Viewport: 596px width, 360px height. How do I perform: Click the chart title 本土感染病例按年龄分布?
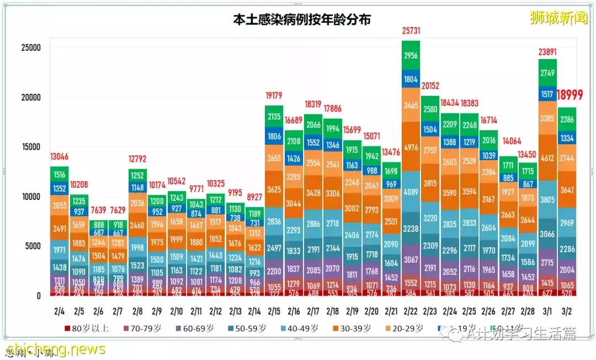click(x=301, y=20)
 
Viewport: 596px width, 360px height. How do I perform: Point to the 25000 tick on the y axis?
click(x=28, y=48)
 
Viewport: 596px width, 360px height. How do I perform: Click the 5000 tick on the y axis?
click(x=30, y=246)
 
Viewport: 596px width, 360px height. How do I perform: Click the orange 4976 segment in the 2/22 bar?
click(x=411, y=147)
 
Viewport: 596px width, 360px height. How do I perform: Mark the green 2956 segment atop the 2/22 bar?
click(x=411, y=56)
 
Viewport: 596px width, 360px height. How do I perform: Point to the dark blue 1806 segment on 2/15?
click(x=274, y=136)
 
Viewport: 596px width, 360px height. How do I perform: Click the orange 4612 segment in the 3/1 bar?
click(x=547, y=158)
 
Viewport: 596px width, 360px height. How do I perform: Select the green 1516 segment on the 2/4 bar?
click(x=59, y=175)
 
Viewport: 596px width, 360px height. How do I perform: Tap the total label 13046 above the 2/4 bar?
click(x=59, y=156)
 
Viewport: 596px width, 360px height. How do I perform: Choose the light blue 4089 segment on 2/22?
click(x=411, y=193)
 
